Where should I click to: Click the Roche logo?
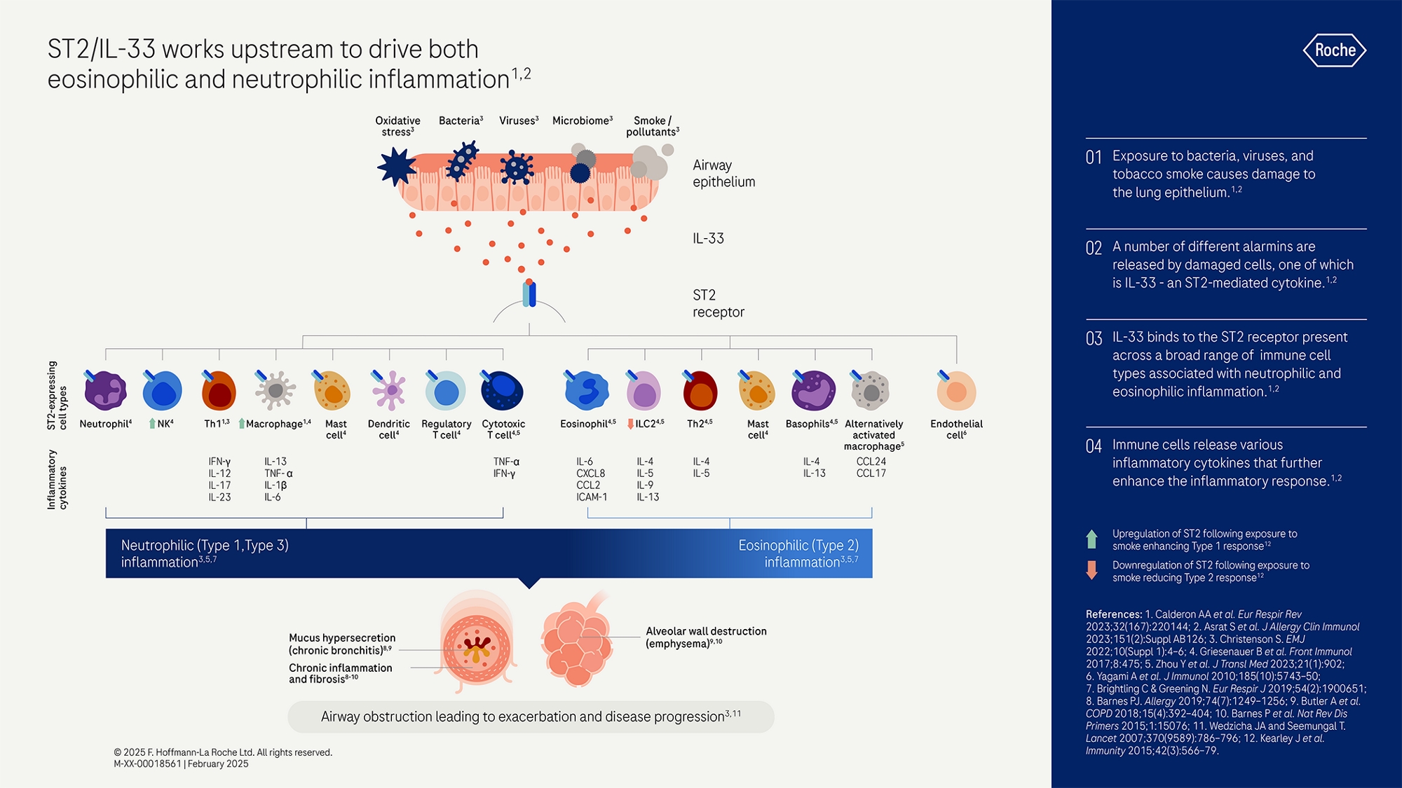point(1335,50)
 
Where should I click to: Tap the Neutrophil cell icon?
point(105,391)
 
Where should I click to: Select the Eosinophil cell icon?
point(587,391)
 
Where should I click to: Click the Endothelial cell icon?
point(956,391)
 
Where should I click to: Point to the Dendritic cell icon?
point(390,391)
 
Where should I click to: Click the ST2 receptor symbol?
point(529,294)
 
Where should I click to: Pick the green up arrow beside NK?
point(152,424)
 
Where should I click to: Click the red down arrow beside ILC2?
point(630,424)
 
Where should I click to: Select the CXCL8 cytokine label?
point(590,474)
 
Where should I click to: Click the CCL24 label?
point(871,462)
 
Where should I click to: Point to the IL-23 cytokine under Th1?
point(219,497)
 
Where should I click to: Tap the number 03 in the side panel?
point(1094,339)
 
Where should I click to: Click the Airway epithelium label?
point(723,174)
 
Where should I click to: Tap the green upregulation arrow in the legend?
point(1091,539)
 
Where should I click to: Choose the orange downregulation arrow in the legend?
point(1091,570)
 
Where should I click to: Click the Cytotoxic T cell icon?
point(503,391)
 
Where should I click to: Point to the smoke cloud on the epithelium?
point(650,163)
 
